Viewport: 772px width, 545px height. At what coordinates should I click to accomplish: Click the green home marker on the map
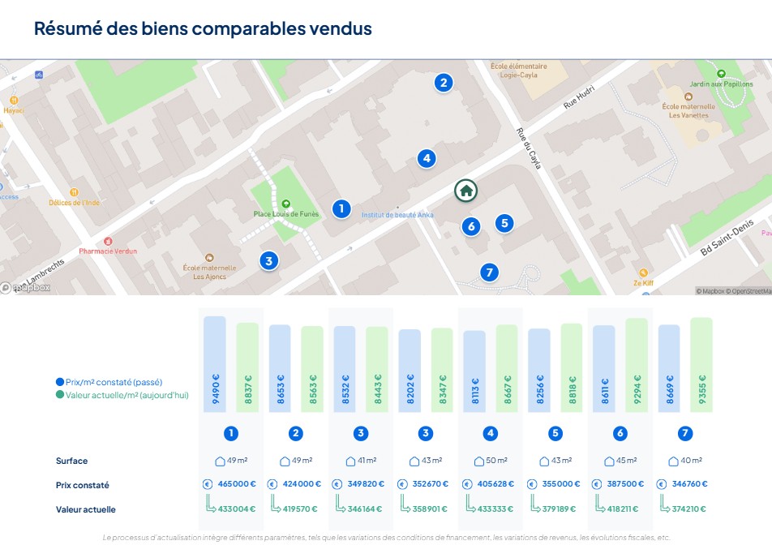(x=466, y=191)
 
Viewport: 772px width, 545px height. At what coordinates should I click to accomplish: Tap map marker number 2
(x=442, y=82)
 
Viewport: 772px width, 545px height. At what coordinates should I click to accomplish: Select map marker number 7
(x=488, y=272)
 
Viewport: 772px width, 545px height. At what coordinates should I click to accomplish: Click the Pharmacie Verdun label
(x=108, y=251)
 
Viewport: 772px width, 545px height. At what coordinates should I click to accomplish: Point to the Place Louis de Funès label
(x=285, y=214)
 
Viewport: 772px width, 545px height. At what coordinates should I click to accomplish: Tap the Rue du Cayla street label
(x=528, y=149)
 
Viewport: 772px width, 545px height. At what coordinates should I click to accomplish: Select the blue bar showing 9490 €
(x=215, y=363)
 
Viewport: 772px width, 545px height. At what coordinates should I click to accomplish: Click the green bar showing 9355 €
(x=701, y=364)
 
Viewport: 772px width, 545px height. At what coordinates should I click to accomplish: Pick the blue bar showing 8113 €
(x=474, y=371)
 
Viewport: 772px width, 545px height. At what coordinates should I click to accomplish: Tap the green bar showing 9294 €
(x=637, y=365)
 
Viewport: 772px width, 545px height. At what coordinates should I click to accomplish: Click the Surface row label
(x=71, y=461)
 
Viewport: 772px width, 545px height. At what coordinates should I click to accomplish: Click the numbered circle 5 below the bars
(x=555, y=433)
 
